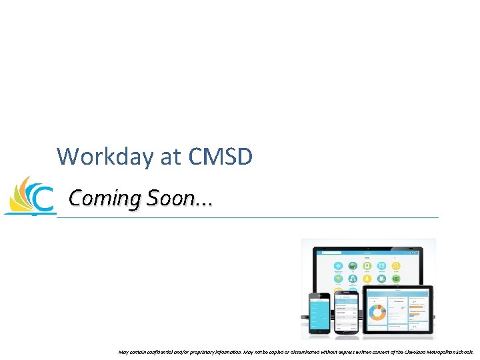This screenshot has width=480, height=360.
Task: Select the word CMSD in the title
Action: [221, 157]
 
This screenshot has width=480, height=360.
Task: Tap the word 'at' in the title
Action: [171, 157]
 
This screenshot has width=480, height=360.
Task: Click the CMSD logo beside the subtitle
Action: [29, 196]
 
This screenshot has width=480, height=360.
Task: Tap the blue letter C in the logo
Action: [43, 200]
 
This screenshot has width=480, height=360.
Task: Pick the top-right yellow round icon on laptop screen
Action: [397, 265]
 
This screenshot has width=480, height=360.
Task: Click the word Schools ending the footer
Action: [464, 351]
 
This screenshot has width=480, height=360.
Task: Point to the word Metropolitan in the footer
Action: [435, 351]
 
